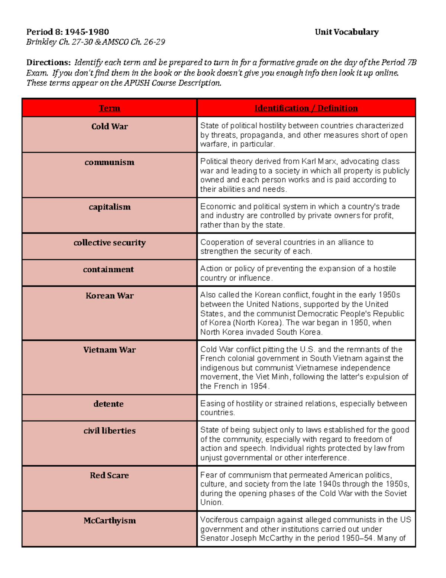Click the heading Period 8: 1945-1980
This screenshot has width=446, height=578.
[67, 32]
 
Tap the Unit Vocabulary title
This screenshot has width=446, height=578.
[346, 32]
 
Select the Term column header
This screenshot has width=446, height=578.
[109, 108]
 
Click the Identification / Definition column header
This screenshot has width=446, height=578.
[306, 108]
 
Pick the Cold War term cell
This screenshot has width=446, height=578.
[109, 127]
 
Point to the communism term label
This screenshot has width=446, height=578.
[109, 162]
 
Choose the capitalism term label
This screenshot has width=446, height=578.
[109, 207]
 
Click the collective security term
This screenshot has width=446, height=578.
[109, 243]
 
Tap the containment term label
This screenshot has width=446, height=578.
[108, 269]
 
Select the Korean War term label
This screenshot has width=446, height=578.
[109, 296]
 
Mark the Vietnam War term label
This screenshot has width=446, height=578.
[109, 350]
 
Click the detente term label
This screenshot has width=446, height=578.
[108, 404]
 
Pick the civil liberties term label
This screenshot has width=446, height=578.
[109, 431]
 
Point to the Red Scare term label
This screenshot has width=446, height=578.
[109, 475]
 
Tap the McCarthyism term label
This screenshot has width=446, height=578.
[109, 520]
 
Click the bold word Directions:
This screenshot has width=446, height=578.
[48, 63]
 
